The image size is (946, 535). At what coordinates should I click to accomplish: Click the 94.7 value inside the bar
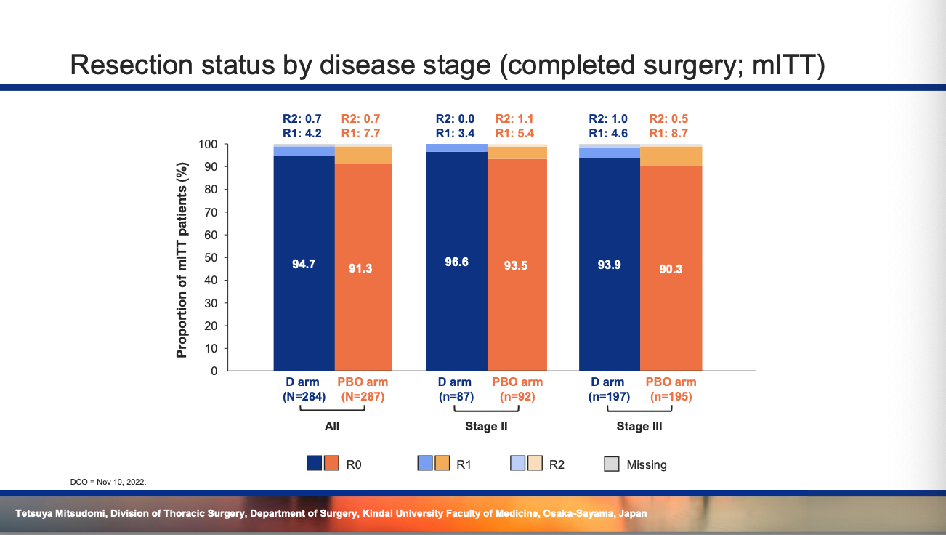304,264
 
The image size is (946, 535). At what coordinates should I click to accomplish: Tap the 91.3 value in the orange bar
360,268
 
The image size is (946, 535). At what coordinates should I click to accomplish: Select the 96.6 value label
456,262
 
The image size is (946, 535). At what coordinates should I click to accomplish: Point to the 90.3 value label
671,269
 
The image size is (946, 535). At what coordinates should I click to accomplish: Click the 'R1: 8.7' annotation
668,134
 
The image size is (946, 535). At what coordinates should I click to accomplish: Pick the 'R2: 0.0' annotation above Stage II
455,118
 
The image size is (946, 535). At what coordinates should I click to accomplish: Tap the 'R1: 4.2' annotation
302,134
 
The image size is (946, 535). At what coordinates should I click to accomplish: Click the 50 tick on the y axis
211,257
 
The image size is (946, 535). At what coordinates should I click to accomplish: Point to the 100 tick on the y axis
208,145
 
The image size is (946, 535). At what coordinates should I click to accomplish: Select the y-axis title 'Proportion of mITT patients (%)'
182,260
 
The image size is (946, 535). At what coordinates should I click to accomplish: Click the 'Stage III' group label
639,427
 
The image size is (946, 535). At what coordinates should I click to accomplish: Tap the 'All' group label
331,427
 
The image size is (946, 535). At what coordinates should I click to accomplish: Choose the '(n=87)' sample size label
456,397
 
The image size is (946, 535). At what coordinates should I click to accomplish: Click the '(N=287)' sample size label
363,397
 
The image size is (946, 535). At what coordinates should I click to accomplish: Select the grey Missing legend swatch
612,464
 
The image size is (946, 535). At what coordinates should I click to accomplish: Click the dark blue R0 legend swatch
314,463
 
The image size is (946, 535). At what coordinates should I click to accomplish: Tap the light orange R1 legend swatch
442,463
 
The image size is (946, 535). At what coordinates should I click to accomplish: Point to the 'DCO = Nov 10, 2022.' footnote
108,482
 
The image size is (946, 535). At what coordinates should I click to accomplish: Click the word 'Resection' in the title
132,65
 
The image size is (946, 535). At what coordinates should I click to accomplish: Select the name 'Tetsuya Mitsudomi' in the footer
60,513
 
